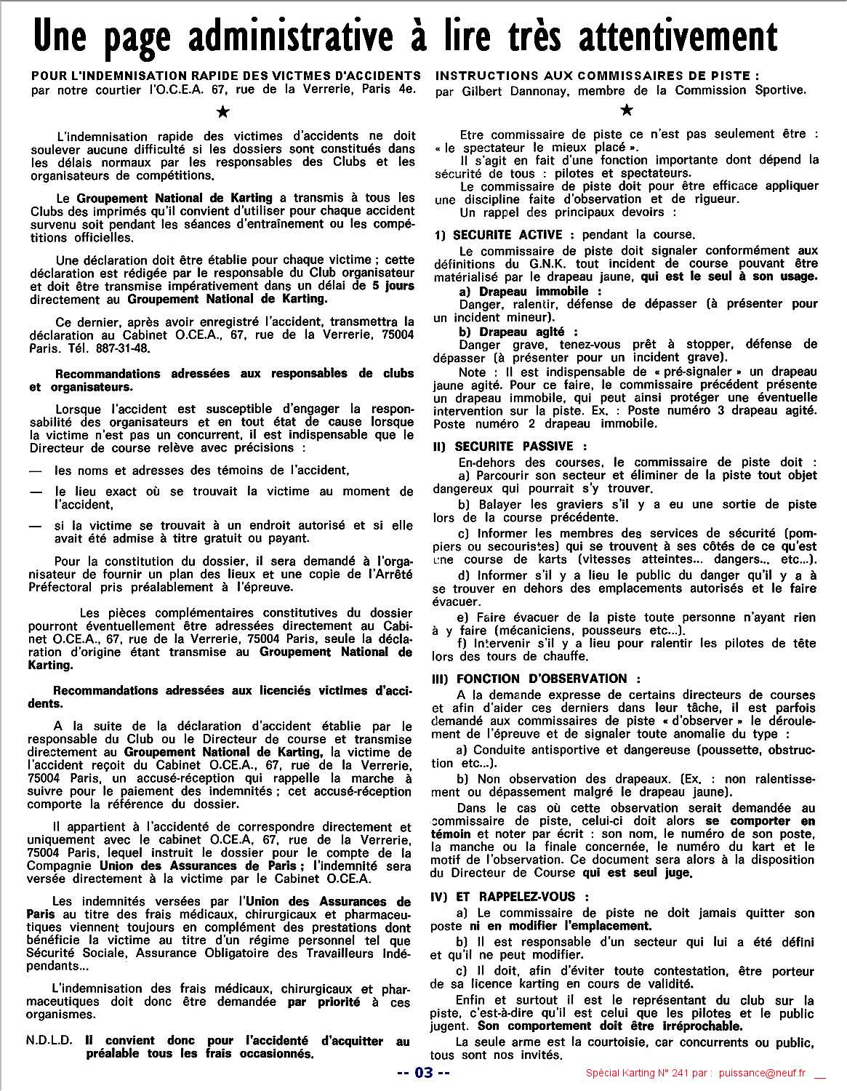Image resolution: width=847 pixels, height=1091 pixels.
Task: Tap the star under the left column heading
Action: click(224, 111)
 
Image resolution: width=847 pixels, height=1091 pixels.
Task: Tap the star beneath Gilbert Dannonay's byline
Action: click(627, 110)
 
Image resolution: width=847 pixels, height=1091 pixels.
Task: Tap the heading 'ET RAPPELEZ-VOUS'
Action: click(515, 897)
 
